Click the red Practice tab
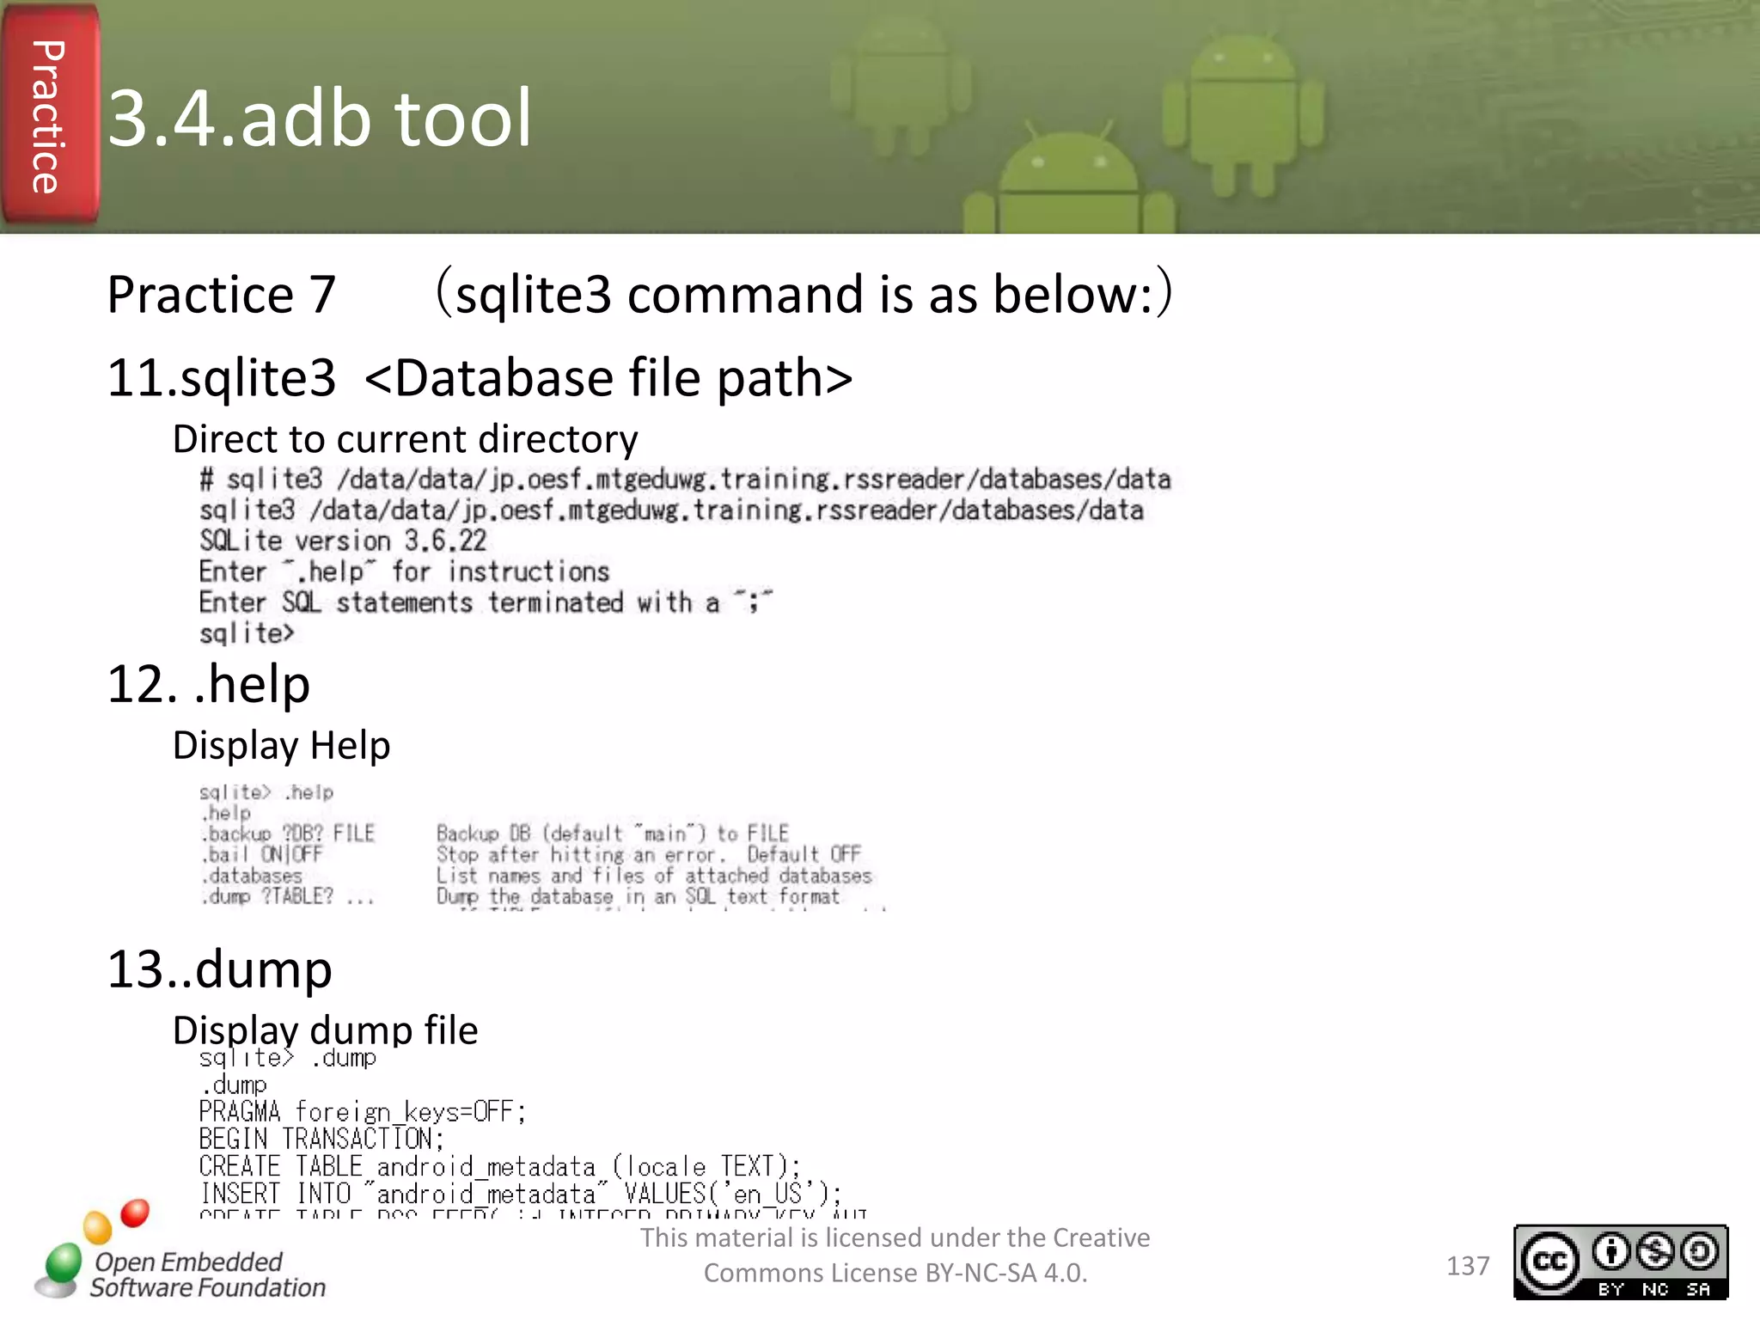click(x=50, y=116)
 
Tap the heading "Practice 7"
click(x=221, y=295)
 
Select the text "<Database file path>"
click(x=608, y=378)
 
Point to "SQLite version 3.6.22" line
click(x=343, y=541)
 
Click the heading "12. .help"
click(x=209, y=685)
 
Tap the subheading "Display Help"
click(x=281, y=746)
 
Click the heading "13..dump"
click(x=219, y=969)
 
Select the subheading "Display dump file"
click(x=325, y=1030)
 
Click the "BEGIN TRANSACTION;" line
click(x=321, y=1140)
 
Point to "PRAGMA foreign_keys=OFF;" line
click(x=362, y=1112)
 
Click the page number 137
click(x=1467, y=1266)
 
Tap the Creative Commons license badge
click(x=1620, y=1262)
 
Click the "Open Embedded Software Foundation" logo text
click(x=208, y=1274)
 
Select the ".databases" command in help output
click(x=251, y=876)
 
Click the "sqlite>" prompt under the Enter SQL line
click(x=247, y=634)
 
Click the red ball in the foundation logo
click(x=135, y=1213)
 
